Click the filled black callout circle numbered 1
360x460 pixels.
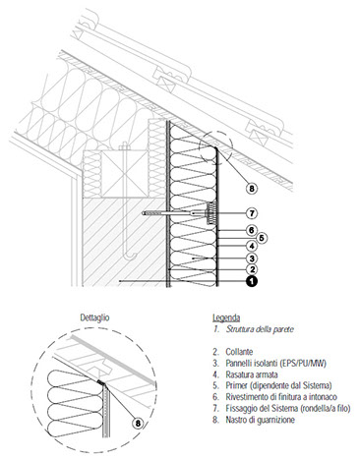click(x=252, y=281)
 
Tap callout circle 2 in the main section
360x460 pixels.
click(x=252, y=269)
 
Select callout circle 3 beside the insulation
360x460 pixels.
click(x=252, y=259)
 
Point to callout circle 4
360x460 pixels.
click(x=252, y=246)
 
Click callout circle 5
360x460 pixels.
click(x=262, y=238)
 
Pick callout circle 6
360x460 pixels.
click(x=252, y=230)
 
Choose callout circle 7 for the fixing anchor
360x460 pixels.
click(x=252, y=213)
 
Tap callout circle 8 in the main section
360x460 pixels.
click(x=252, y=189)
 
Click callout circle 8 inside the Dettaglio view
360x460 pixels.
click(x=138, y=424)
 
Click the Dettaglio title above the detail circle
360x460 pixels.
click(x=94, y=317)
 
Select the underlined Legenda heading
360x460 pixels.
click(x=226, y=317)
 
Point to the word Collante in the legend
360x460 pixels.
click(x=239, y=352)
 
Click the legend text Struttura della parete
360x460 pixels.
click(x=260, y=329)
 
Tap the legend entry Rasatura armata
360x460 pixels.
click(x=252, y=374)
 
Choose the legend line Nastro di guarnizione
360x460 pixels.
click(x=260, y=420)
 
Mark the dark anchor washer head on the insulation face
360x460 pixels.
click(x=210, y=213)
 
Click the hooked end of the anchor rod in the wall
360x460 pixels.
click(x=130, y=255)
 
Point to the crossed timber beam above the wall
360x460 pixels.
click(x=125, y=174)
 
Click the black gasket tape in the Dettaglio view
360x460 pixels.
click(x=101, y=382)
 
